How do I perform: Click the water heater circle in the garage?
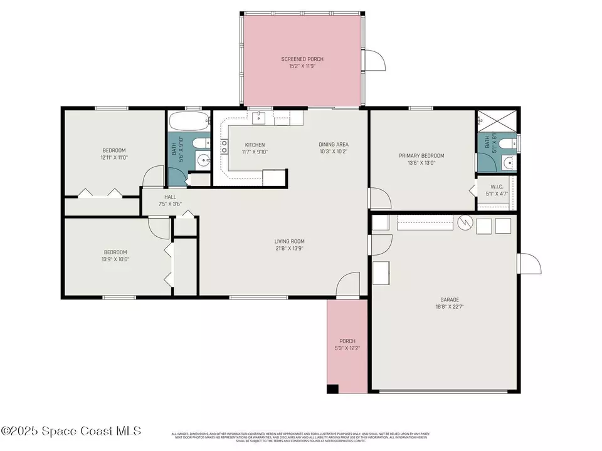[465, 222]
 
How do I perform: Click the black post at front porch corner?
[332, 389]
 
